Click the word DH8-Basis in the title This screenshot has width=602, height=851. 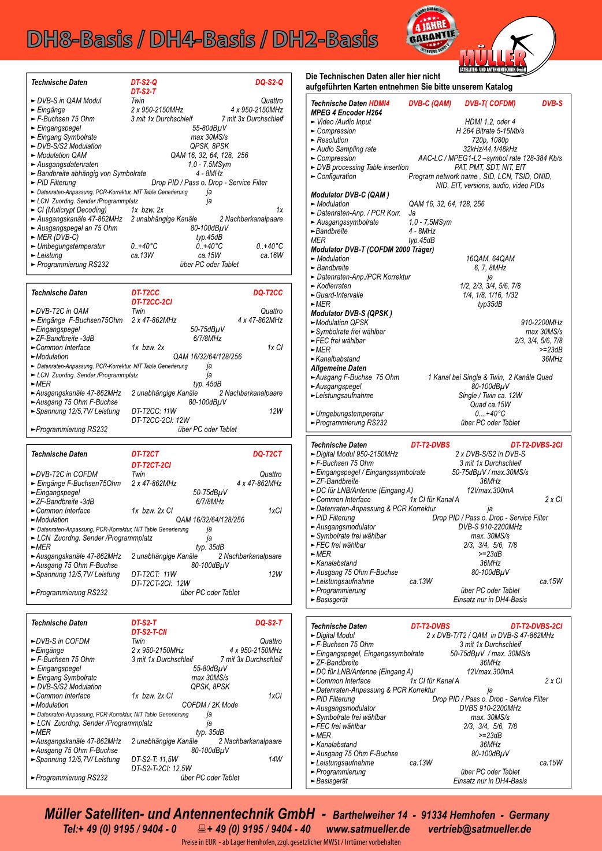pyautogui.click(x=79, y=40)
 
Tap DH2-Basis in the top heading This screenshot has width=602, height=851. pyautogui.click(x=325, y=40)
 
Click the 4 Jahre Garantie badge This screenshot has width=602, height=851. pyautogui.click(x=432, y=31)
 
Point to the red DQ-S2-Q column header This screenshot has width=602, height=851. pyautogui.click(x=269, y=82)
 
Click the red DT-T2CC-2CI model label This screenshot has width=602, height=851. pyautogui.click(x=151, y=302)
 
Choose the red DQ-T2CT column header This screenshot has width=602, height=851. pyautogui.click(x=267, y=454)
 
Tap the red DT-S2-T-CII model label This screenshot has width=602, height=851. pyautogui.click(x=149, y=632)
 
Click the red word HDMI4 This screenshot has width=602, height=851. pyautogui.click(x=379, y=103)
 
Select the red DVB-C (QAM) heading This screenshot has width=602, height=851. pyautogui.click(x=430, y=103)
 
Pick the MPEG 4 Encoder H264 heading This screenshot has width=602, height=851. pyautogui.click(x=347, y=113)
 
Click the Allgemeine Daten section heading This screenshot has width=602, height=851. pyautogui.click(x=339, y=368)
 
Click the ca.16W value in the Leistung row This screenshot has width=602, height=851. pyautogui.click(x=272, y=255)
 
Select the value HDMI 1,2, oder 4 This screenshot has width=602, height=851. pyautogui.click(x=490, y=122)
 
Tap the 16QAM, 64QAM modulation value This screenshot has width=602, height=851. pyautogui.click(x=490, y=259)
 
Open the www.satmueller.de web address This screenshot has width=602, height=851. pyautogui.click(x=368, y=829)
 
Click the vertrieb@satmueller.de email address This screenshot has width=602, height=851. pyautogui.click(x=480, y=829)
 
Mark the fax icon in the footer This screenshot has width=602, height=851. pyautogui.click(x=202, y=829)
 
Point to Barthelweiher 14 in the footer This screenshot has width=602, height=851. pyautogui.click(x=370, y=815)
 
